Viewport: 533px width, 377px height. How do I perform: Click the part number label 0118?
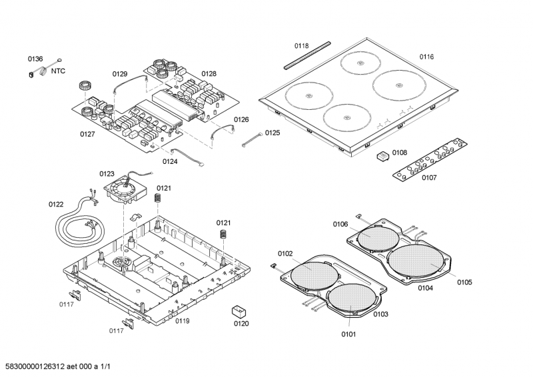point(301,46)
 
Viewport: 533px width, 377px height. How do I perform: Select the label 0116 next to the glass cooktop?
point(426,57)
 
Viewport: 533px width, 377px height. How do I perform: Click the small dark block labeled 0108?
point(382,156)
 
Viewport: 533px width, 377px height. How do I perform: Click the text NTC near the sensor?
point(59,69)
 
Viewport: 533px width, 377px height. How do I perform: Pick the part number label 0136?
point(35,59)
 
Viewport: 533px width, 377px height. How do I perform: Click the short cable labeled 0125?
point(252,137)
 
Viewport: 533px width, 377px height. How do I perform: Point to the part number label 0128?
point(209,74)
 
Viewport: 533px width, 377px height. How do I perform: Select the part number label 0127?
point(87,134)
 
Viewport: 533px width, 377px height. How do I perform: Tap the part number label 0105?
point(464,282)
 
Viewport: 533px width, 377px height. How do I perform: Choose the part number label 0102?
point(285,253)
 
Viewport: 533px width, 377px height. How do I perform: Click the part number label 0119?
point(183,321)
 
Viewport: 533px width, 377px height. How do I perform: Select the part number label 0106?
point(340,224)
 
